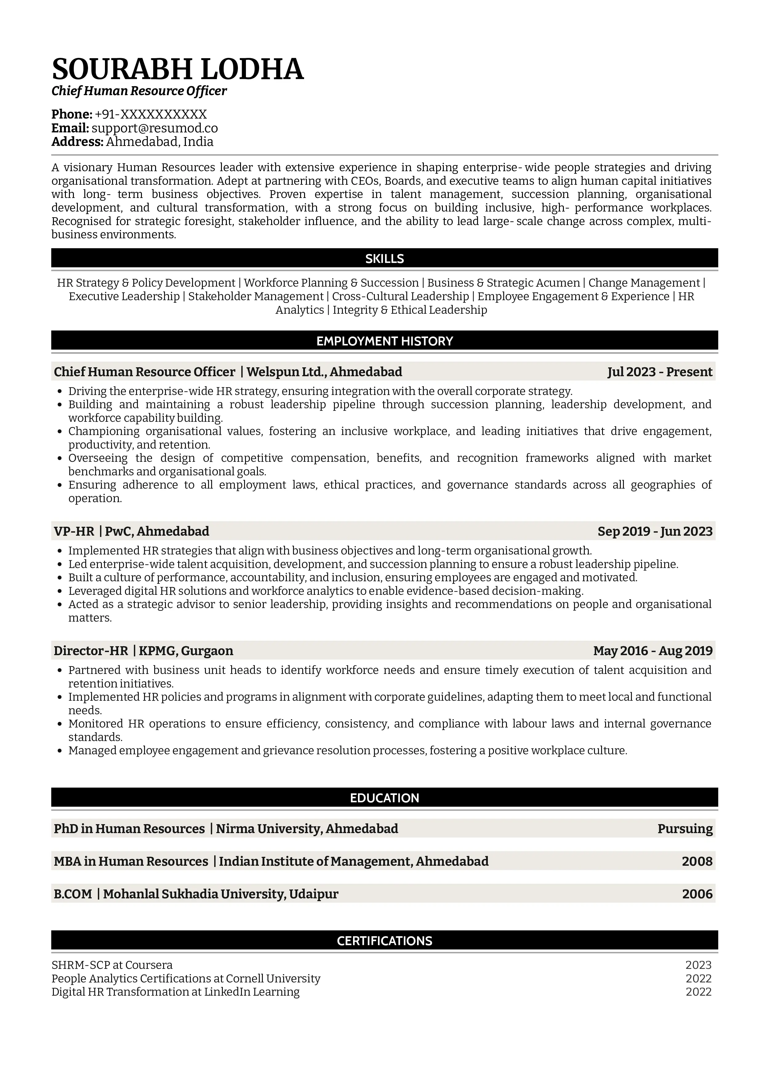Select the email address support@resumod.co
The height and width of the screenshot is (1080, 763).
coord(155,128)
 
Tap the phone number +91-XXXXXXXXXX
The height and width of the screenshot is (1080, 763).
coord(151,114)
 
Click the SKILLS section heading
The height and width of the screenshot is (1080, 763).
coord(384,258)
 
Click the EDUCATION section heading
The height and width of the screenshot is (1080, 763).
coord(384,798)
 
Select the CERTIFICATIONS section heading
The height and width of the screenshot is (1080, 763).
coord(384,941)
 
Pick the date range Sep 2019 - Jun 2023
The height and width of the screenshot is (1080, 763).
coord(655,531)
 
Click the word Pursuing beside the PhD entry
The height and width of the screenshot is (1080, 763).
coord(685,828)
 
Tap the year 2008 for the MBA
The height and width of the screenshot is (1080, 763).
coord(697,861)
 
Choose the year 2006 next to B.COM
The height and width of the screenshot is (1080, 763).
coord(697,894)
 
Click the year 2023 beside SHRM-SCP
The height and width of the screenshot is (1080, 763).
coord(698,965)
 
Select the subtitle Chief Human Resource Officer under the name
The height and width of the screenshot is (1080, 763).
coord(139,91)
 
